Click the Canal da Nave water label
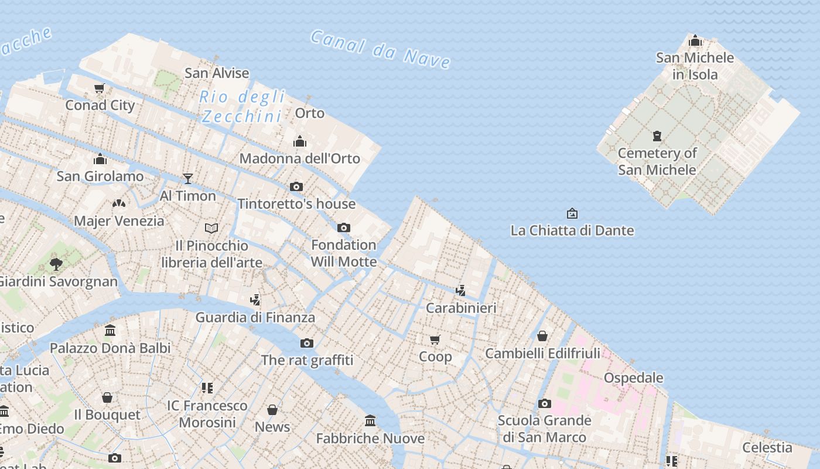[x=381, y=50]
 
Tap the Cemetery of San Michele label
[x=657, y=161]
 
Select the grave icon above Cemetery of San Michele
[x=657, y=136]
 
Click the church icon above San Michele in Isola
[x=695, y=40]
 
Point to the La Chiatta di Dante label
[x=572, y=230]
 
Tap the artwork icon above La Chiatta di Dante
[x=572, y=213]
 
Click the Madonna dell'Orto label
[x=300, y=158]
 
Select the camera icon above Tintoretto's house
[x=296, y=186]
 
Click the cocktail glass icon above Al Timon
[x=188, y=178]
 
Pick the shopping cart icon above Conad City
[x=100, y=89]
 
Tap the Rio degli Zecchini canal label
[x=242, y=107]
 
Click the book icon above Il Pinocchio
[x=211, y=227]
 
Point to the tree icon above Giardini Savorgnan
[x=56, y=264]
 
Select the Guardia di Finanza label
[x=255, y=317]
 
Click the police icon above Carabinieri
[x=461, y=290]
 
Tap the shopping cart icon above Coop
[x=435, y=339]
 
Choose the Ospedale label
[x=634, y=378]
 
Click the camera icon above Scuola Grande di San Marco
[x=545, y=403]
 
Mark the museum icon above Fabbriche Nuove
[x=370, y=421]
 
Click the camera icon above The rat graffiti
[x=307, y=343]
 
